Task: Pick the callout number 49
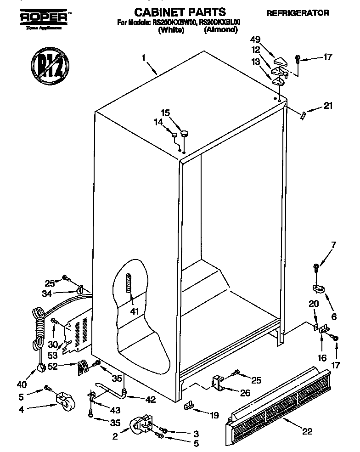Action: tap(256, 40)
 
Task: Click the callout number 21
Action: tap(327, 106)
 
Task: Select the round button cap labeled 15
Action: tap(184, 134)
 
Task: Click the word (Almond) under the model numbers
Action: tap(220, 30)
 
